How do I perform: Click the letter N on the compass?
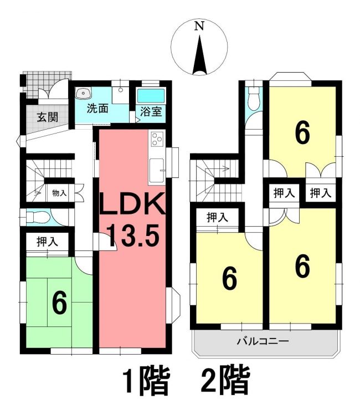click(199, 25)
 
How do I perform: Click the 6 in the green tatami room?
click(59, 302)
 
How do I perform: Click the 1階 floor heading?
click(145, 383)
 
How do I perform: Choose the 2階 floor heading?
click(225, 383)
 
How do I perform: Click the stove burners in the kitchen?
click(156, 139)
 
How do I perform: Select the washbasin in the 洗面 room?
click(84, 93)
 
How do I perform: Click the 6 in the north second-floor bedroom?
click(302, 133)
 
